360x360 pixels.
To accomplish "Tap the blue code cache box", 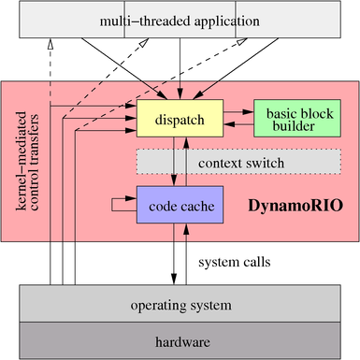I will point(180,204).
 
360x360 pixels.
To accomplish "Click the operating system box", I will point(180,306).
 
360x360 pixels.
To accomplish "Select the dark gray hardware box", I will point(180,342).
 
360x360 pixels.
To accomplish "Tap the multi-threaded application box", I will point(180,20).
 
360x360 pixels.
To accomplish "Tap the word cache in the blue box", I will point(197,204).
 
